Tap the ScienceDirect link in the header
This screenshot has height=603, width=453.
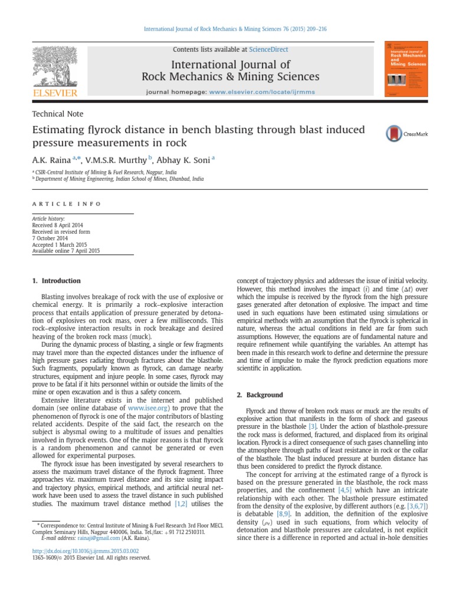point(268,49)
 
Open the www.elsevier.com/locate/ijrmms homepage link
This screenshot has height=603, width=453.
point(260,92)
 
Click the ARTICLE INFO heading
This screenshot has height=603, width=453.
point(67,204)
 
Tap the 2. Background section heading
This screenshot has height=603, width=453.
point(256,395)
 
